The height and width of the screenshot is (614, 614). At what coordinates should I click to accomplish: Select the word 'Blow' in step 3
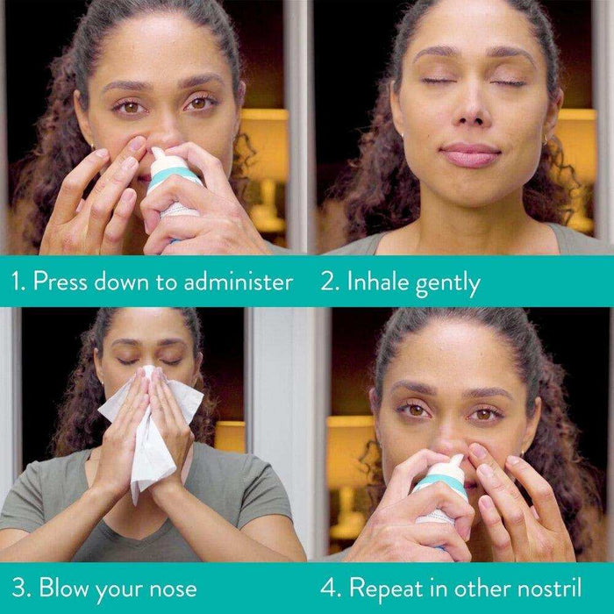[x=63, y=587]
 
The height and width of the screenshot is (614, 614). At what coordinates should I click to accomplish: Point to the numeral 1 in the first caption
[x=16, y=282]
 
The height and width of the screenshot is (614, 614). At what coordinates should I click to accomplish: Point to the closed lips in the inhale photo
[x=470, y=155]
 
